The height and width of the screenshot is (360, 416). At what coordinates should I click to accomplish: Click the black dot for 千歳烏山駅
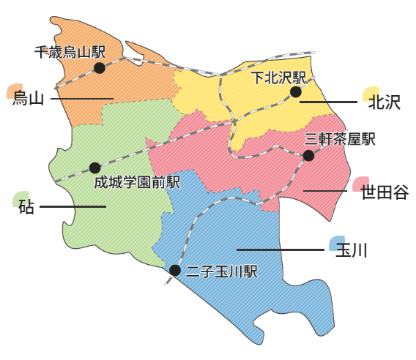(x=100, y=68)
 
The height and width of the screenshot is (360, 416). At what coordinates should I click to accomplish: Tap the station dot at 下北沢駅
(x=295, y=92)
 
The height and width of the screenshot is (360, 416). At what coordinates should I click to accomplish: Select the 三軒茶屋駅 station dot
(x=308, y=155)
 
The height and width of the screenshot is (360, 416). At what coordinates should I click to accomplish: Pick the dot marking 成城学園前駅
(x=94, y=168)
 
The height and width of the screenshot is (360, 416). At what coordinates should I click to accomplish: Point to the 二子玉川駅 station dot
(x=175, y=270)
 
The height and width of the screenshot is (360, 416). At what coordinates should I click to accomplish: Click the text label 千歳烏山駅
(x=70, y=52)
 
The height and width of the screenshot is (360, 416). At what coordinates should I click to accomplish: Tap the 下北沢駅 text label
(x=278, y=77)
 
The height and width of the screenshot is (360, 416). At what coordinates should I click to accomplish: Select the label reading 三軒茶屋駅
(x=341, y=139)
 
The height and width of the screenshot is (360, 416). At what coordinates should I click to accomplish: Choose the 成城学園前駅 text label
(x=137, y=181)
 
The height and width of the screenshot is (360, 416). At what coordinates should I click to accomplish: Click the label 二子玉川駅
(x=222, y=272)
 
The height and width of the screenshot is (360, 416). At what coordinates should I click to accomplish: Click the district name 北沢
(x=385, y=102)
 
